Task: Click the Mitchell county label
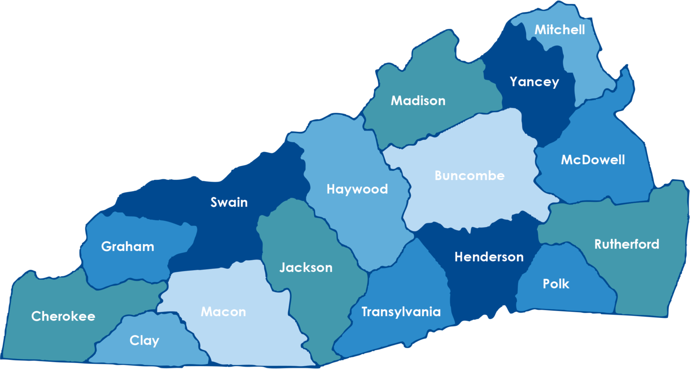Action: tap(559, 30)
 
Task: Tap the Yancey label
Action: tap(534, 82)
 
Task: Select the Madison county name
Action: tap(418, 101)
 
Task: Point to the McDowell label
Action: tap(592, 160)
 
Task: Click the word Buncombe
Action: tap(469, 176)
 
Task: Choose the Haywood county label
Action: tap(357, 189)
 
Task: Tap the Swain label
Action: tap(229, 202)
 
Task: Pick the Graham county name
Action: tap(127, 247)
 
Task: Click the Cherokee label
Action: tap(63, 316)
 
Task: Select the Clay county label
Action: tap(144, 341)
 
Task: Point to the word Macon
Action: tap(223, 312)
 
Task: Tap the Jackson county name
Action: tap(305, 267)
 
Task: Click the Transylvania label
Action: tap(401, 312)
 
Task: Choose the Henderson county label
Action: tap(489, 257)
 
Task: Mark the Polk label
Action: tap(556, 284)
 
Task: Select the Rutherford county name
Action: tap(627, 244)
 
